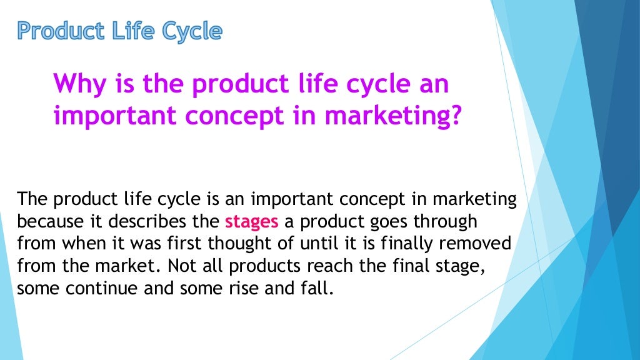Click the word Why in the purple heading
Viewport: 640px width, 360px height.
coord(78,84)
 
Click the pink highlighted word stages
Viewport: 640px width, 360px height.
coord(251,222)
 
